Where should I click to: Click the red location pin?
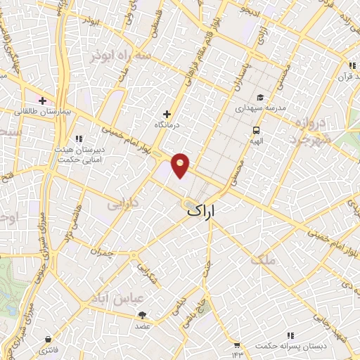pos(181,165)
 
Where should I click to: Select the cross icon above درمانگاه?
pos(167,114)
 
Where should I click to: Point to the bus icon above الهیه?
pos(257,130)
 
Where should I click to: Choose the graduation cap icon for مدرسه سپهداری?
pos(259,98)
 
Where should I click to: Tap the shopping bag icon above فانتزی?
pos(48,339)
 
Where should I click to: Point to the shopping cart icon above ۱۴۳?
pos(237,345)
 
